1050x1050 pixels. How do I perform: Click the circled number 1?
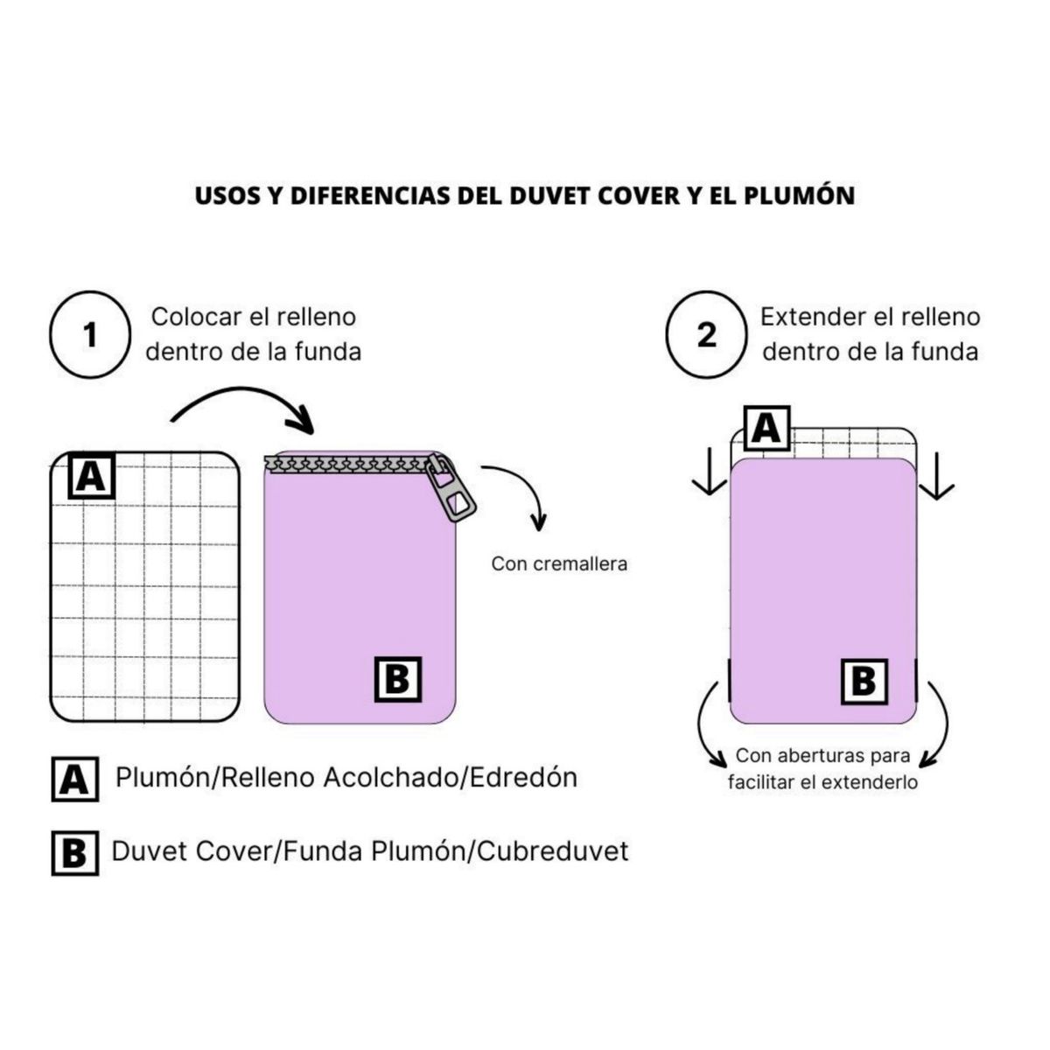click(x=89, y=335)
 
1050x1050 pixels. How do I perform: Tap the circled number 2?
click(x=706, y=335)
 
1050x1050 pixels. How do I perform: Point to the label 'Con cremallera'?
click(x=559, y=563)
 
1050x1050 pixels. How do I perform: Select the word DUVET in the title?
click(x=550, y=195)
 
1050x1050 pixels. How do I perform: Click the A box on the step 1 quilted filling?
click(x=92, y=477)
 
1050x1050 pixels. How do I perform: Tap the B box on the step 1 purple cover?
click(x=398, y=679)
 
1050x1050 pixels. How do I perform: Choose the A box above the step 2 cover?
click(x=766, y=429)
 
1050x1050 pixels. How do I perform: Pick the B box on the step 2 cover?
click(x=864, y=682)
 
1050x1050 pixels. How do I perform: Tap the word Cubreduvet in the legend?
click(x=553, y=850)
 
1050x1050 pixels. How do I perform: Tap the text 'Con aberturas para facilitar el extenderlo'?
click(x=822, y=768)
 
